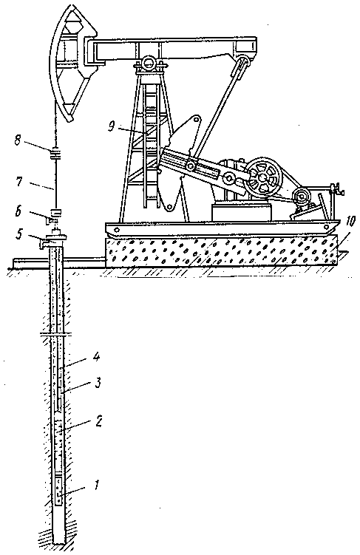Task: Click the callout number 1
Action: click(98, 484)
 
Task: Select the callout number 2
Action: click(99, 420)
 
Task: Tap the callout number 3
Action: click(98, 383)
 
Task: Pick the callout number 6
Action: click(18, 211)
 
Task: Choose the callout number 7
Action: click(18, 182)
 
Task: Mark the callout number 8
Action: click(17, 141)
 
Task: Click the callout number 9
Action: click(112, 126)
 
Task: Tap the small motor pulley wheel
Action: click(301, 195)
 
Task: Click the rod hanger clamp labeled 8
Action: click(55, 154)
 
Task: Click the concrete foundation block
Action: click(221, 251)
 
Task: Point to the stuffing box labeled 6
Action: click(55, 215)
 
